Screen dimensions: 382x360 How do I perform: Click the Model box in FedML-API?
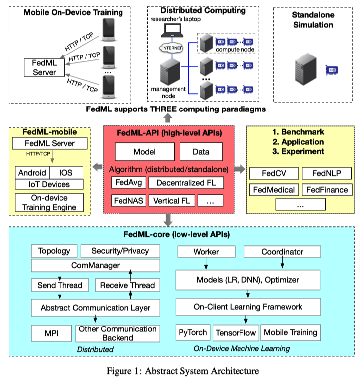pyautogui.click(x=144, y=152)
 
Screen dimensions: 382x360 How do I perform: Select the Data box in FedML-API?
pyautogui.click(x=201, y=152)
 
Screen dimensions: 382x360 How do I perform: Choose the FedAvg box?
pyautogui.click(x=128, y=183)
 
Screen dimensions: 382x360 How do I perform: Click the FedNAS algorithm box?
pyautogui.click(x=128, y=201)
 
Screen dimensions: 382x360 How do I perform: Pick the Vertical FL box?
pyautogui.click(x=172, y=201)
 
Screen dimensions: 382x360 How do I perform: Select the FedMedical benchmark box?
pyautogui.click(x=274, y=189)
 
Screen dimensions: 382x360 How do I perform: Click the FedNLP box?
pyautogui.click(x=326, y=173)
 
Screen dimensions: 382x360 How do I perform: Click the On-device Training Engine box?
pyautogui.click(x=50, y=202)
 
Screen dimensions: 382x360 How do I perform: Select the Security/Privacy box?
pyautogui.click(x=120, y=251)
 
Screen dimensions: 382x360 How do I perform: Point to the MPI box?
pyautogui.click(x=51, y=333)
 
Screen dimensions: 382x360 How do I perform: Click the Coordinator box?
pyautogui.click(x=282, y=252)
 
